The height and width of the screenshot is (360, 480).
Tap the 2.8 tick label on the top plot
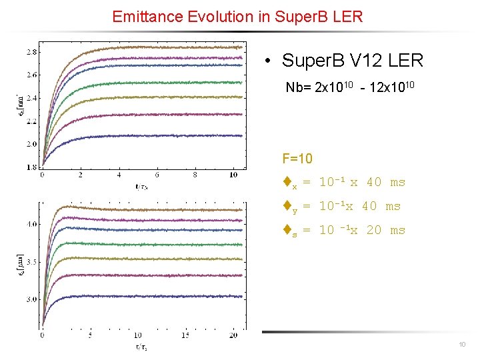pos(31,52)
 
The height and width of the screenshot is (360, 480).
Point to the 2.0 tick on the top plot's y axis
pos(31,144)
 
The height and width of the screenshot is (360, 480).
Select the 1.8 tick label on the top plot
pos(31,167)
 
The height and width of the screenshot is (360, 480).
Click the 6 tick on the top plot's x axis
pos(157,175)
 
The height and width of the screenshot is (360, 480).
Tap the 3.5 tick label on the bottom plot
pos(31,262)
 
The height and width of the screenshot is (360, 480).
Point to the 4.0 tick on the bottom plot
pos(31,225)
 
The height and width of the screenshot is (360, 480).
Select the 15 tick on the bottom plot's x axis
pos(185,335)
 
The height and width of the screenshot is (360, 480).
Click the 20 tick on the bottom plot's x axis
pos(233,335)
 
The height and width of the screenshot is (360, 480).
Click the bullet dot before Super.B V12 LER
pos(267,61)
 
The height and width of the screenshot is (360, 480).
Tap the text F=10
pos(297,159)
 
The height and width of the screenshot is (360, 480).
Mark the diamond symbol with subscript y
pos(287,206)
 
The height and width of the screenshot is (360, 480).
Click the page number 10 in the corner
pos(462,345)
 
